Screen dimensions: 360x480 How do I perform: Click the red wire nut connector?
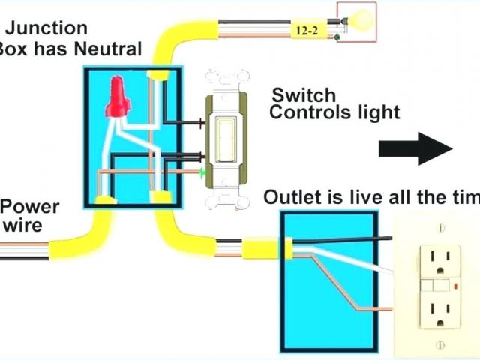click(x=117, y=98)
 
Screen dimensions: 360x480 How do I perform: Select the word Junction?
click(x=49, y=28)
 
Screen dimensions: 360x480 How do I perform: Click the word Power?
click(x=30, y=207)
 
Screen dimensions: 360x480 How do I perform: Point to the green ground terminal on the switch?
click(x=204, y=172)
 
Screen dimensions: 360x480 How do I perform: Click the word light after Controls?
click(x=379, y=113)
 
